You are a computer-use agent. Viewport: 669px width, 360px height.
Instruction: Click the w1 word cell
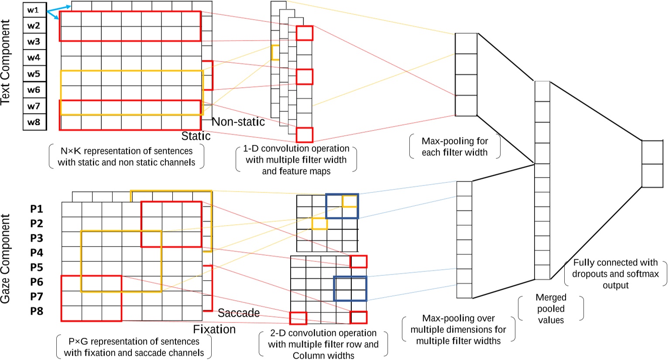34,10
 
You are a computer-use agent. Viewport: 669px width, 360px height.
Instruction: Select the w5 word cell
34,74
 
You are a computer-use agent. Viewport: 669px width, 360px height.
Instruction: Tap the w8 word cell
34,122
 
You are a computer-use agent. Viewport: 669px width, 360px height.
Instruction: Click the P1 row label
37,209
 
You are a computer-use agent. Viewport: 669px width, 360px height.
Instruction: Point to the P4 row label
37,253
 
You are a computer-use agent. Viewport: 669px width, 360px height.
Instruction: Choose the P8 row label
37,311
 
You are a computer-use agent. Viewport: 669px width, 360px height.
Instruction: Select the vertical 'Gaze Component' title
6,258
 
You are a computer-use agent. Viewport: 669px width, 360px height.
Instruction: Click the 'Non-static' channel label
238,122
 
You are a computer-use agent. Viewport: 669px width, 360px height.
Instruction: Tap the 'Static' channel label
196,136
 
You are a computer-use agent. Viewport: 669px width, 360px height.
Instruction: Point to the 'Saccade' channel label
238,313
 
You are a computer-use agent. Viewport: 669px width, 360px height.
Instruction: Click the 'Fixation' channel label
214,329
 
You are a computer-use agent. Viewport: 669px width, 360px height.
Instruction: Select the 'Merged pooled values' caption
551,309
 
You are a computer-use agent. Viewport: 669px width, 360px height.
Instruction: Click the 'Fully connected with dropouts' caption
615,274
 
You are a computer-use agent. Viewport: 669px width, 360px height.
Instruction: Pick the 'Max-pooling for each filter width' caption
455,147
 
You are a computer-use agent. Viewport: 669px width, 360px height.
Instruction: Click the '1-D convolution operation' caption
296,160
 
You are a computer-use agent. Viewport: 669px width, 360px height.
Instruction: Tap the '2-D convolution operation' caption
323,344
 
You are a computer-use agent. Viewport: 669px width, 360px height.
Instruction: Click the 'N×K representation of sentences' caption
127,157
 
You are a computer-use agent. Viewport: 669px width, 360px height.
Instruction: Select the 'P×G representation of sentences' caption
134,347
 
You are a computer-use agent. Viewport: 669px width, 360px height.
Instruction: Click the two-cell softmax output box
652,164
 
